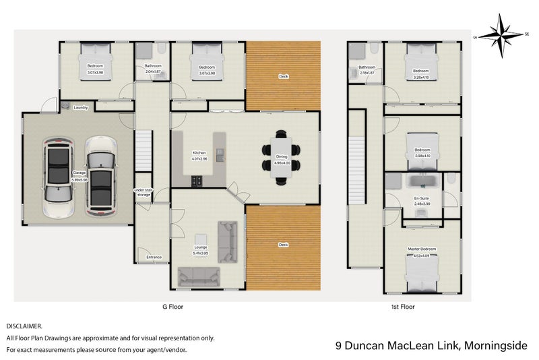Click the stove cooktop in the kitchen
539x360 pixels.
pos(198,181)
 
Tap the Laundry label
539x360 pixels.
pos(81,107)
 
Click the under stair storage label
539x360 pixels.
pos(144,192)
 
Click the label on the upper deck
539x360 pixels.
pos(284,77)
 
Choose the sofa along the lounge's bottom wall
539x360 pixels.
pos(199,276)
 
